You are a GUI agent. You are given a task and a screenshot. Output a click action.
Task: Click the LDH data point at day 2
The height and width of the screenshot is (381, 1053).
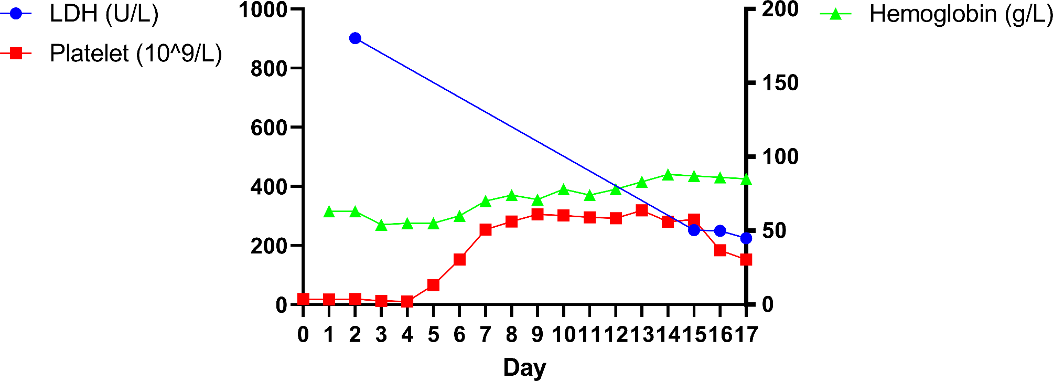pyautogui.click(x=355, y=38)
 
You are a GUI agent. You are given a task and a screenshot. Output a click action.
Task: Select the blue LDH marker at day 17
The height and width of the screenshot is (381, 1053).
pyautogui.click(x=746, y=238)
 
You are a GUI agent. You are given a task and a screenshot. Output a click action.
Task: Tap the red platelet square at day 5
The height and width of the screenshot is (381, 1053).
pyautogui.click(x=433, y=285)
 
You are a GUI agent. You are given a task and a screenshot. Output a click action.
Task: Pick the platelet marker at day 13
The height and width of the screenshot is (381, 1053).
pyautogui.click(x=642, y=210)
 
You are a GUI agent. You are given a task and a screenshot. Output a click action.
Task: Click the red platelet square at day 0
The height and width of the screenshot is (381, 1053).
pyautogui.click(x=303, y=299)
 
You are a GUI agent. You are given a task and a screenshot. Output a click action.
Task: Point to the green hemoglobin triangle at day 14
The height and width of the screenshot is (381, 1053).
pyautogui.click(x=668, y=175)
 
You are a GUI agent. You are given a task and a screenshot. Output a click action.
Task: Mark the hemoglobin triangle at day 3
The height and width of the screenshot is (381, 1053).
pyautogui.click(x=381, y=225)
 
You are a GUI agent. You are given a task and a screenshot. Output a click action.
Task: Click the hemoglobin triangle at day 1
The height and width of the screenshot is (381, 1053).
pyautogui.click(x=329, y=211)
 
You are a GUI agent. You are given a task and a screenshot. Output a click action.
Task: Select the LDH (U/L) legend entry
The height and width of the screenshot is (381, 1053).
pyautogui.click(x=104, y=14)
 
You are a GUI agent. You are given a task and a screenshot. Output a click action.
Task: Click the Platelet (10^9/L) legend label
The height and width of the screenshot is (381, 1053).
pyautogui.click(x=136, y=54)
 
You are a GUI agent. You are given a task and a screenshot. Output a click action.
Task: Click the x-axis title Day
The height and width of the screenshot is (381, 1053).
pyautogui.click(x=524, y=367)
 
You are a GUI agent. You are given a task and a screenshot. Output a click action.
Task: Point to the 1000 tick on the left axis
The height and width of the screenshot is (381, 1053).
pyautogui.click(x=263, y=9)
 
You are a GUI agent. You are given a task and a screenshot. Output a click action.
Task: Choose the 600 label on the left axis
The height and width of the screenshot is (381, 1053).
pyautogui.click(x=269, y=128)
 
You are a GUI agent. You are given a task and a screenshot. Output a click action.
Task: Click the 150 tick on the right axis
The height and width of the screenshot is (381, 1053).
pyautogui.click(x=780, y=83)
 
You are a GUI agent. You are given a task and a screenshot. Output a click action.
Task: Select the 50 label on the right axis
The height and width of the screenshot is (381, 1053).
pyautogui.click(x=773, y=231)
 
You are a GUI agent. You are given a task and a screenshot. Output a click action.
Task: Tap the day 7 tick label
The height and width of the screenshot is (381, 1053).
pyautogui.click(x=486, y=334)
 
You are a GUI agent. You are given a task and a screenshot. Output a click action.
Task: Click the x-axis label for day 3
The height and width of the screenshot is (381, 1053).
pyautogui.click(x=381, y=334)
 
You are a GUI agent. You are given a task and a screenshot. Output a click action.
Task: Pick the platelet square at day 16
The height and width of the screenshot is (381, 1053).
pyautogui.click(x=721, y=250)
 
